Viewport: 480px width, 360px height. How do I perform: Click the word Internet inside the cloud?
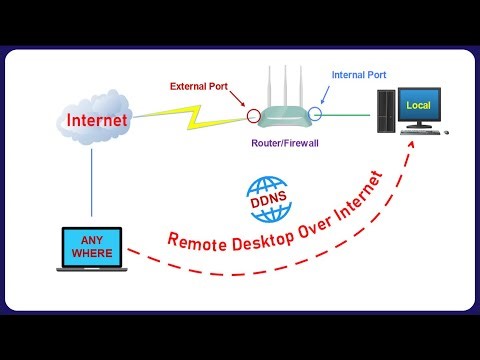coord(97,121)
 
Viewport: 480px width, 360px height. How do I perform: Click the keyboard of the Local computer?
coord(418,134)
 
